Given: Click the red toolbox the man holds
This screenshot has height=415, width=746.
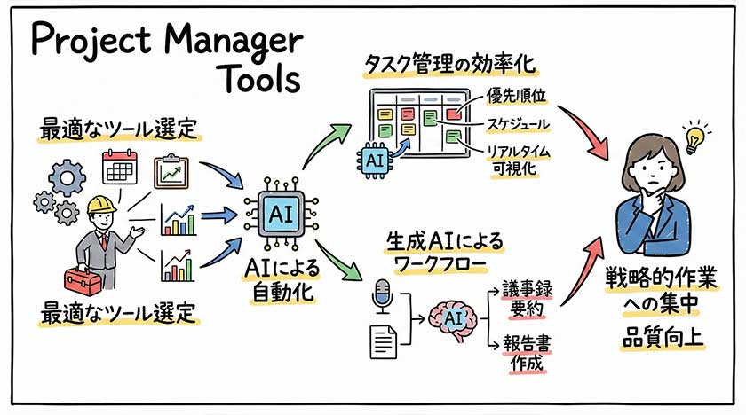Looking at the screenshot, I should pyautogui.click(x=83, y=280).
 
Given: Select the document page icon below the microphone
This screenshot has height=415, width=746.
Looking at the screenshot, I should pyautogui.click(x=383, y=340).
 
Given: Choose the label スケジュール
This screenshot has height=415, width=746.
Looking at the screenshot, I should pyautogui.click(x=519, y=123).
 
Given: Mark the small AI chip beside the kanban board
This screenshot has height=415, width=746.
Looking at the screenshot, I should pyautogui.click(x=374, y=159).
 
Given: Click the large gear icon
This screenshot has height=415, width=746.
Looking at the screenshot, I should pyautogui.click(x=64, y=178).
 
